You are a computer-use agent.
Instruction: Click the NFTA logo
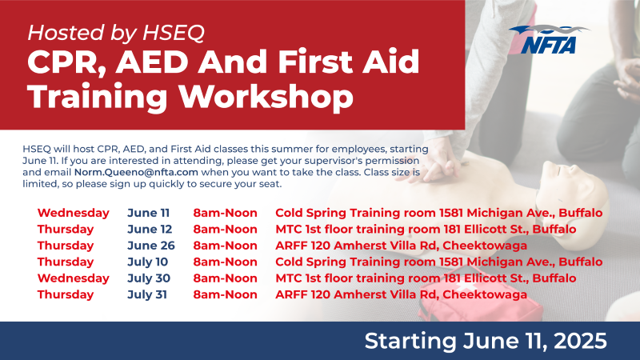point(549,39)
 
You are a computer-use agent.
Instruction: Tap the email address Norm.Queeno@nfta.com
point(136,172)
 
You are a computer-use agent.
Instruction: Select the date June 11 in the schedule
point(148,213)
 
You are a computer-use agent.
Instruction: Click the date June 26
point(151,246)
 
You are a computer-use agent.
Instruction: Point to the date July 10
point(148,262)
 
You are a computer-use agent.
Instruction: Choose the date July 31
point(147,294)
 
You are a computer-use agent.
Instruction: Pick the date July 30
point(149,278)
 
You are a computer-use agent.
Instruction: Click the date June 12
point(150,229)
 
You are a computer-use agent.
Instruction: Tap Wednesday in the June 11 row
point(74,213)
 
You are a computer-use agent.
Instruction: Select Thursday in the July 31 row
point(66,294)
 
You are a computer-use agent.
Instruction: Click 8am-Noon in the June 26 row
point(226,246)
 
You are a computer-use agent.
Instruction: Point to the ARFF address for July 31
point(402,294)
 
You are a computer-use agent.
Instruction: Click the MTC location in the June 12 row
point(426,229)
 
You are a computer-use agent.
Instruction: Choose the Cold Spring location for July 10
point(438,262)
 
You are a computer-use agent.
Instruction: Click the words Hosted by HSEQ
point(116,33)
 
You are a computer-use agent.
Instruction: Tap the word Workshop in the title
point(266,96)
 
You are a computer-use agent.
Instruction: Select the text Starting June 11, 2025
point(486,341)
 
